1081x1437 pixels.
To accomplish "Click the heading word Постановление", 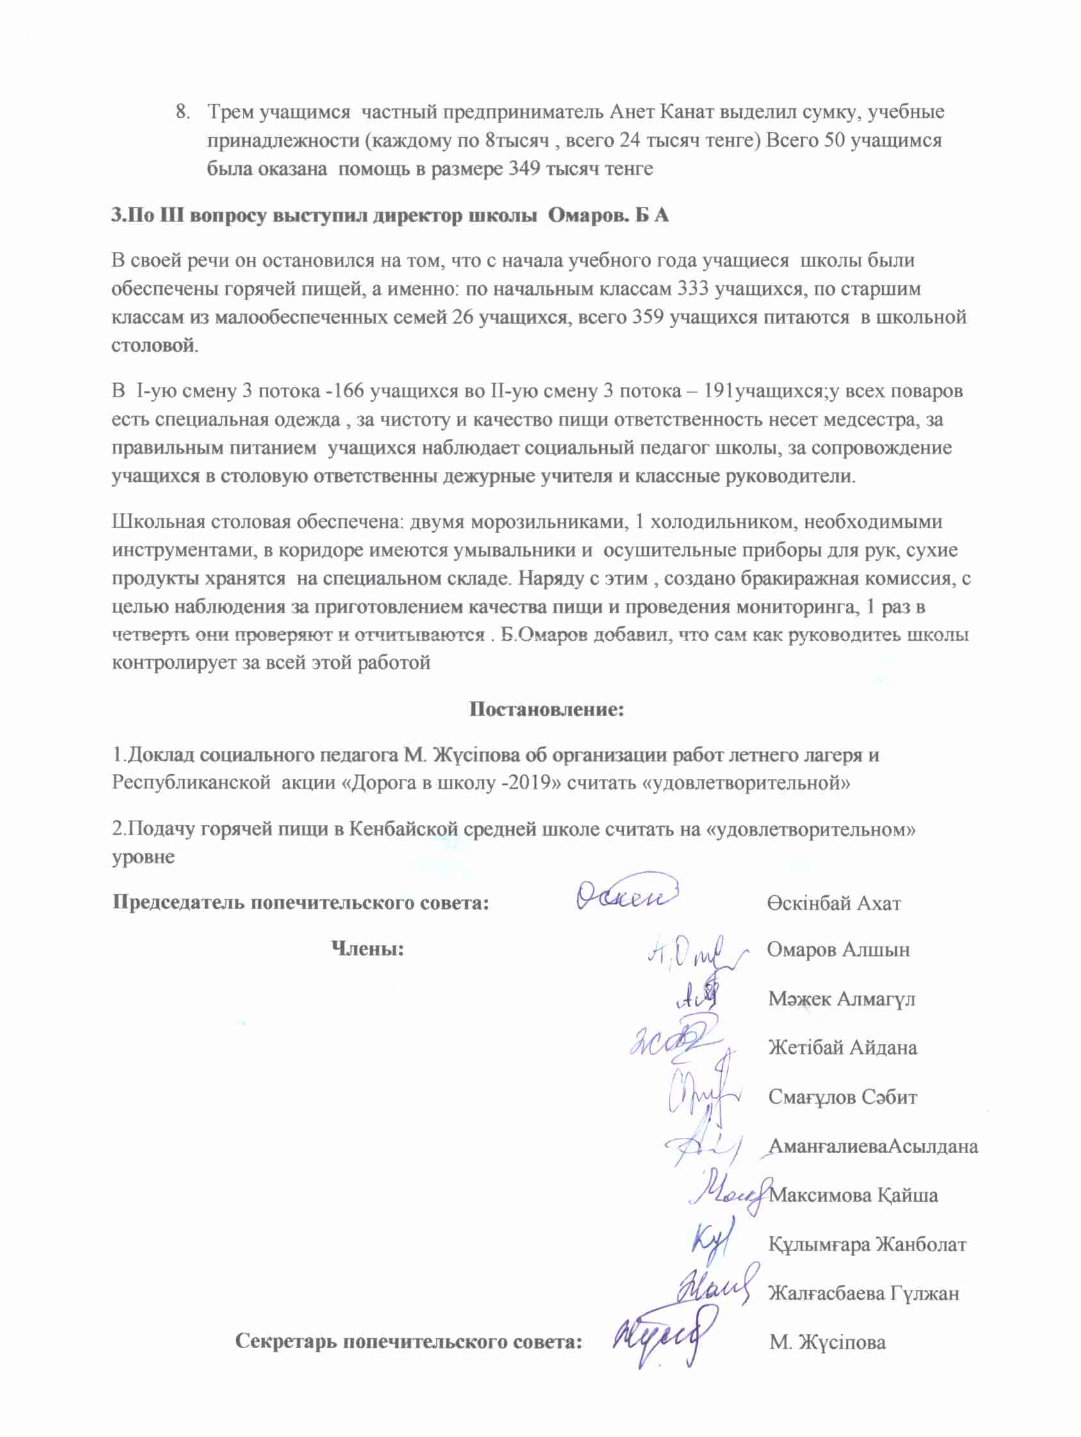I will pos(547,709).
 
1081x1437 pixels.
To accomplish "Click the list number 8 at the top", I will pos(182,112).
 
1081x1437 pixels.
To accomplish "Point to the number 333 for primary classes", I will pos(693,288).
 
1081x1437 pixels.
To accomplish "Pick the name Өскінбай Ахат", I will pos(834,903).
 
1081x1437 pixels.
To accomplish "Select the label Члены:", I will pos(368,949).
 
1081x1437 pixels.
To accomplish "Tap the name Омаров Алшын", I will pos(838,949).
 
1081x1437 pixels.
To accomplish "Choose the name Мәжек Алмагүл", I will pos(841,999).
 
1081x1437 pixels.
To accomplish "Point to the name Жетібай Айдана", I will pos(843,1047).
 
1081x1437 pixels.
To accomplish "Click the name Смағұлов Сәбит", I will pos(843,1097).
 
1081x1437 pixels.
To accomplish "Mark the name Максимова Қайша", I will pos(853,1195).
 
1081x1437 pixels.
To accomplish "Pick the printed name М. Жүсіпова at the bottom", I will pos(828,1342).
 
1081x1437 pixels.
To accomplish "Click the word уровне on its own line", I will pos(144,857).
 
